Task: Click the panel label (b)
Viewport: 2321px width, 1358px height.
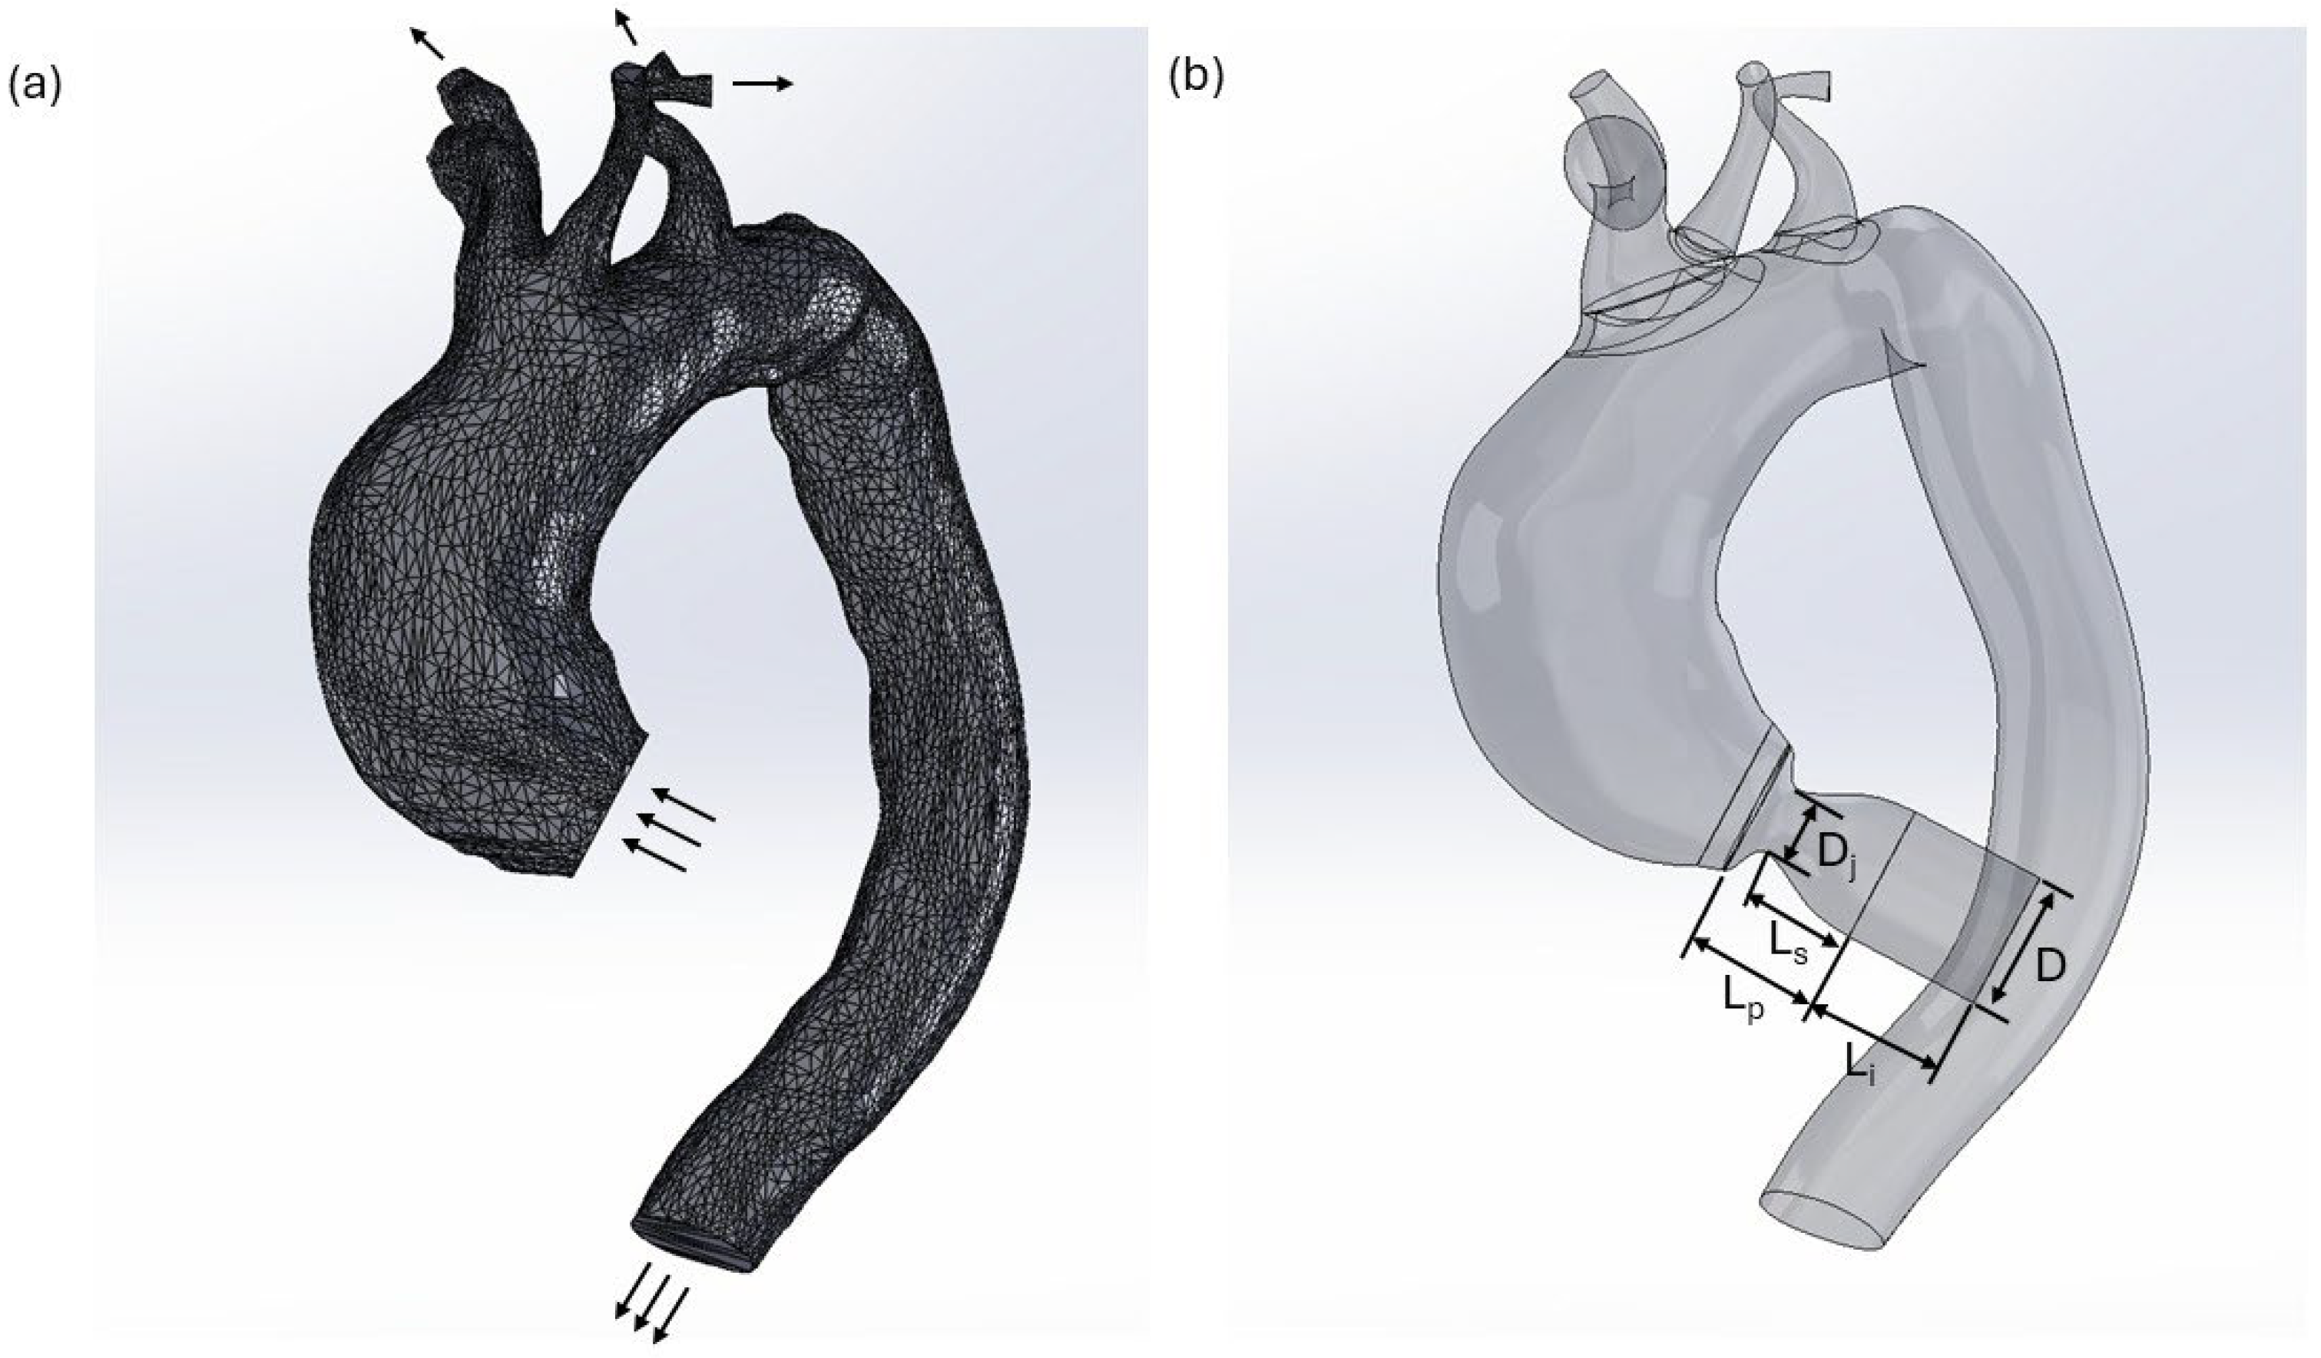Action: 1196,79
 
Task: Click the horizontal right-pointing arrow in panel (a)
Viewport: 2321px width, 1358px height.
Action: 762,84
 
